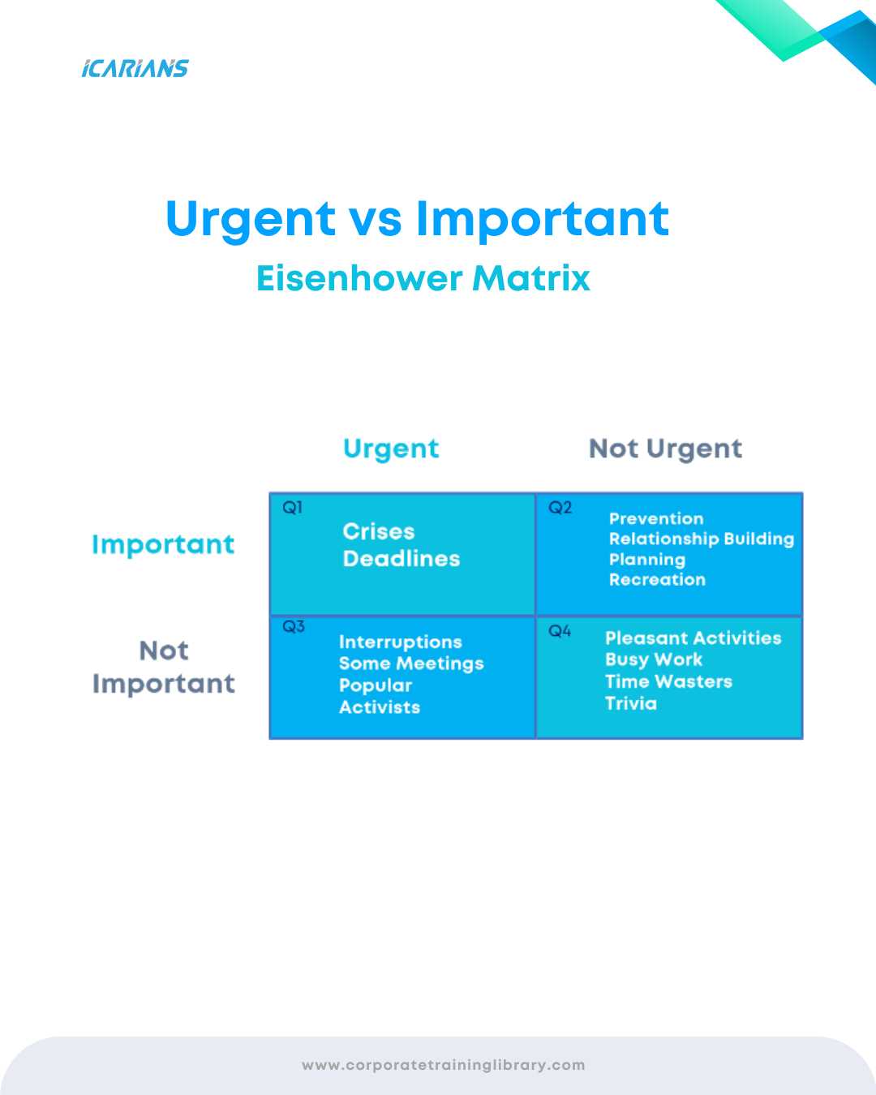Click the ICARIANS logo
point(135,69)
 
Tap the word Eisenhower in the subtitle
point(359,278)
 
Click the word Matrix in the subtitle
point(531,278)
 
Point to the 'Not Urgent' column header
point(665,449)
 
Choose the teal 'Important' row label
point(163,545)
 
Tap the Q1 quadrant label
point(293,507)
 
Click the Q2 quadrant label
point(560,507)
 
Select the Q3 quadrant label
point(294,626)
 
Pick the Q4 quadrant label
point(560,632)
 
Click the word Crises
point(379,532)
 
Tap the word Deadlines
point(401,559)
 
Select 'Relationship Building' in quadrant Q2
point(702,539)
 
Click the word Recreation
point(657,580)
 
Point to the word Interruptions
point(401,642)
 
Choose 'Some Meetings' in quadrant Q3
point(411,663)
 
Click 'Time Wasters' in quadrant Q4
point(668,681)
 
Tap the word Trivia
point(631,703)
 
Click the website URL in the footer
point(444,1065)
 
